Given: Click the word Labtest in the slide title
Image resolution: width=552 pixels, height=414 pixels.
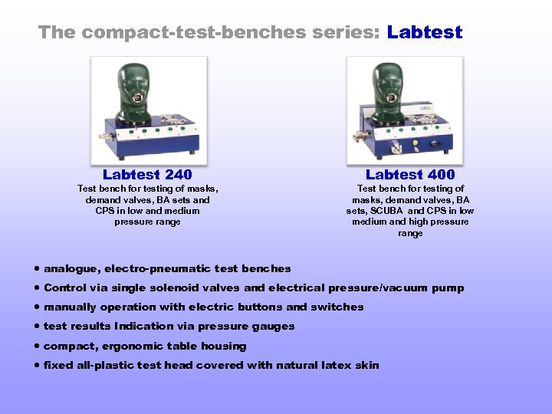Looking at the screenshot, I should point(425,32).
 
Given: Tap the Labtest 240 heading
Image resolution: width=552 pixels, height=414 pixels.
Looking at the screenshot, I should point(147,175).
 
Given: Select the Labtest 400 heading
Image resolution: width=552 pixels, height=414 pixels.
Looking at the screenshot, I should point(410,175).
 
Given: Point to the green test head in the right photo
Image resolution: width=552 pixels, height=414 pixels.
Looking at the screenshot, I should point(387,89).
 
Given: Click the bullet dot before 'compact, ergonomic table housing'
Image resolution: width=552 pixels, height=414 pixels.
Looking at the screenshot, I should point(38,346).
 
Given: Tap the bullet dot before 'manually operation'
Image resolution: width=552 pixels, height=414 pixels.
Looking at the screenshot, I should point(38,307).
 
